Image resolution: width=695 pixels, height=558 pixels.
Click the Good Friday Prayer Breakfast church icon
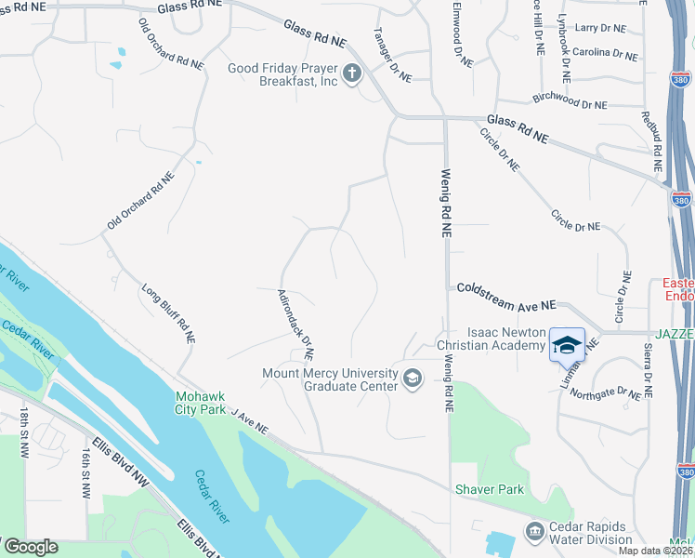click(x=351, y=73)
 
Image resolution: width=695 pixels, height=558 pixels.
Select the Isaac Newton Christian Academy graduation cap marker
click(x=567, y=345)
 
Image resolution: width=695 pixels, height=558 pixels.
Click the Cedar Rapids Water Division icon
click(x=535, y=532)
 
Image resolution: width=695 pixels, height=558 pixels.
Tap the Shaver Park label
click(x=490, y=489)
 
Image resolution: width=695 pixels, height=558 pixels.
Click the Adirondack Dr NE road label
click(x=296, y=324)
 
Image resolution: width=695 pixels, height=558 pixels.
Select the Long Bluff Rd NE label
click(x=168, y=315)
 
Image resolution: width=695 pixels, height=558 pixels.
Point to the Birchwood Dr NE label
click(x=570, y=100)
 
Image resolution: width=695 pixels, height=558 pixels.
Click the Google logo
click(x=32, y=547)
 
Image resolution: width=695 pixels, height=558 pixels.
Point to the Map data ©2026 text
click(x=651, y=551)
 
